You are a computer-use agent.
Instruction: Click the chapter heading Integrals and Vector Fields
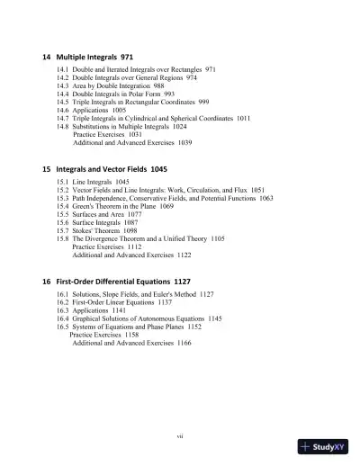click(104, 169)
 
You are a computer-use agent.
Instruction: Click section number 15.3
click(62, 199)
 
